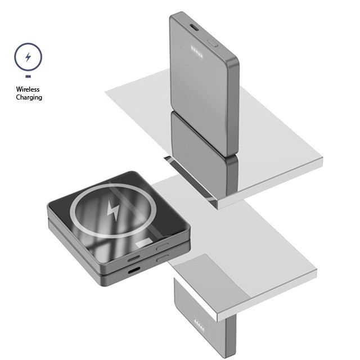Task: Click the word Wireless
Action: point(28,89)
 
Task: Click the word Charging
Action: point(29,97)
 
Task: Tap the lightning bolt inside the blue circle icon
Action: point(28,57)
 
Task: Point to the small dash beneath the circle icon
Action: point(28,76)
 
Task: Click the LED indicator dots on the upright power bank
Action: point(197,52)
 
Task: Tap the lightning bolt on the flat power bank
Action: point(114,209)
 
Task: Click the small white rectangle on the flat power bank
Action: point(145,242)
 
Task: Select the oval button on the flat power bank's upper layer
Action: point(163,247)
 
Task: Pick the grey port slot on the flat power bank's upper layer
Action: point(134,259)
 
